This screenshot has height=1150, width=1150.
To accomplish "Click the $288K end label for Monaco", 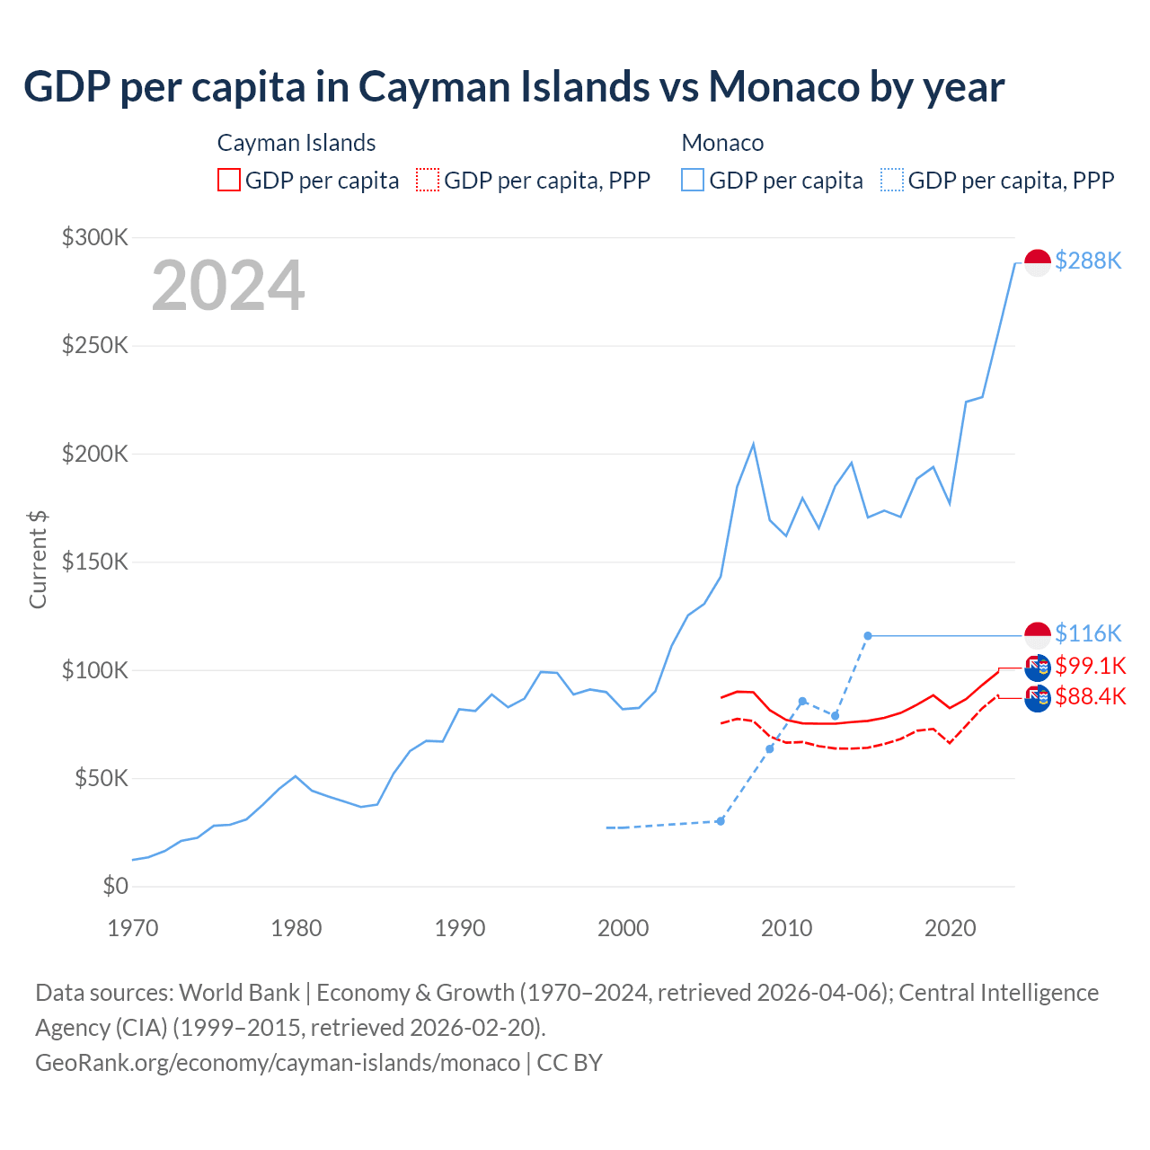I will tap(1088, 261).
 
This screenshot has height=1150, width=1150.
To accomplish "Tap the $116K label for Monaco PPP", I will tap(1088, 633).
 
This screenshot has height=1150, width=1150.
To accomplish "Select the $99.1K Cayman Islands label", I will tap(1090, 666).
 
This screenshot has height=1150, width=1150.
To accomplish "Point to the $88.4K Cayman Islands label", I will tap(1090, 696).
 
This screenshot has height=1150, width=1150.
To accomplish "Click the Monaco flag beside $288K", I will tap(1038, 262).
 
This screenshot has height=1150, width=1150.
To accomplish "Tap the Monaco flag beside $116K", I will tap(1038, 635).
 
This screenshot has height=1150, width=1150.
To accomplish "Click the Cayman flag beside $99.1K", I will tap(1038, 668).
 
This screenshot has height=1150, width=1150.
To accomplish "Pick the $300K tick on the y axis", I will tap(95, 237).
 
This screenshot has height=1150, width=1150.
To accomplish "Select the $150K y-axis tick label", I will tap(95, 562).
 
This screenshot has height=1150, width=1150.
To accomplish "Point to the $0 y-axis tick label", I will tap(115, 886).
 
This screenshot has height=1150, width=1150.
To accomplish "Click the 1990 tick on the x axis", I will tap(460, 928).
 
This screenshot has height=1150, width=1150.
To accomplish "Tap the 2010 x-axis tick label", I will tap(787, 928).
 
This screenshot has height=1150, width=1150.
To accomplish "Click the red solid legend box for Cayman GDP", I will tap(229, 180).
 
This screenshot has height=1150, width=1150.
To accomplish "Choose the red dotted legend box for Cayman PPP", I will tap(428, 180).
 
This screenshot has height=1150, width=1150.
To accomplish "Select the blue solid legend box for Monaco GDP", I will tap(693, 180).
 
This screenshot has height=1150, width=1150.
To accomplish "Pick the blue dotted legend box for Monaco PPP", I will tap(892, 180).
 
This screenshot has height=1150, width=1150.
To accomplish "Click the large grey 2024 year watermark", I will tap(228, 286).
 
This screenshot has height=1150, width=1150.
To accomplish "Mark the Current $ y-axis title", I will tap(38, 559).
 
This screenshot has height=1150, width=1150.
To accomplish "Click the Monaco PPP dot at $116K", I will tap(868, 636).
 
